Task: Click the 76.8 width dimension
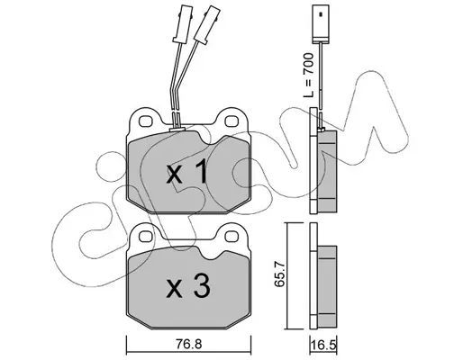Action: pyautogui.click(x=187, y=345)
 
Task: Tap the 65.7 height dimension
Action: pyautogui.click(x=280, y=275)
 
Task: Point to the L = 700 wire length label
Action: pyautogui.click(x=308, y=75)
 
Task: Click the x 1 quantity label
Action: pyautogui.click(x=186, y=171)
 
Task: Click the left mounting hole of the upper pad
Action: pyautogui.click(x=146, y=121)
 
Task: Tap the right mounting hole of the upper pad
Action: pyautogui.click(x=231, y=121)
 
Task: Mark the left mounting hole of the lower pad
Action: pyautogui.click(x=147, y=236)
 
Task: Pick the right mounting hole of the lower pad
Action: pyautogui.click(x=232, y=236)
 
